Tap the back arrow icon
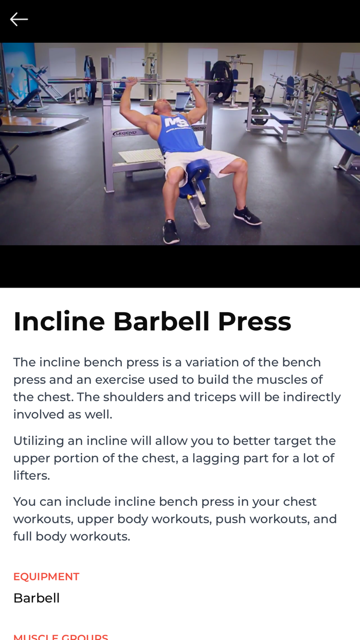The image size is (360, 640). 19,20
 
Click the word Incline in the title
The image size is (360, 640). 59,322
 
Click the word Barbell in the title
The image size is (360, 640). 161,322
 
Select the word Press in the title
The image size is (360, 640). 254,322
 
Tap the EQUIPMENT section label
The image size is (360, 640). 46,577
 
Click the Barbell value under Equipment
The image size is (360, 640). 37,598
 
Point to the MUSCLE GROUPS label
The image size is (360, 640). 61,637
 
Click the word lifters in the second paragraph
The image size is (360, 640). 31,476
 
